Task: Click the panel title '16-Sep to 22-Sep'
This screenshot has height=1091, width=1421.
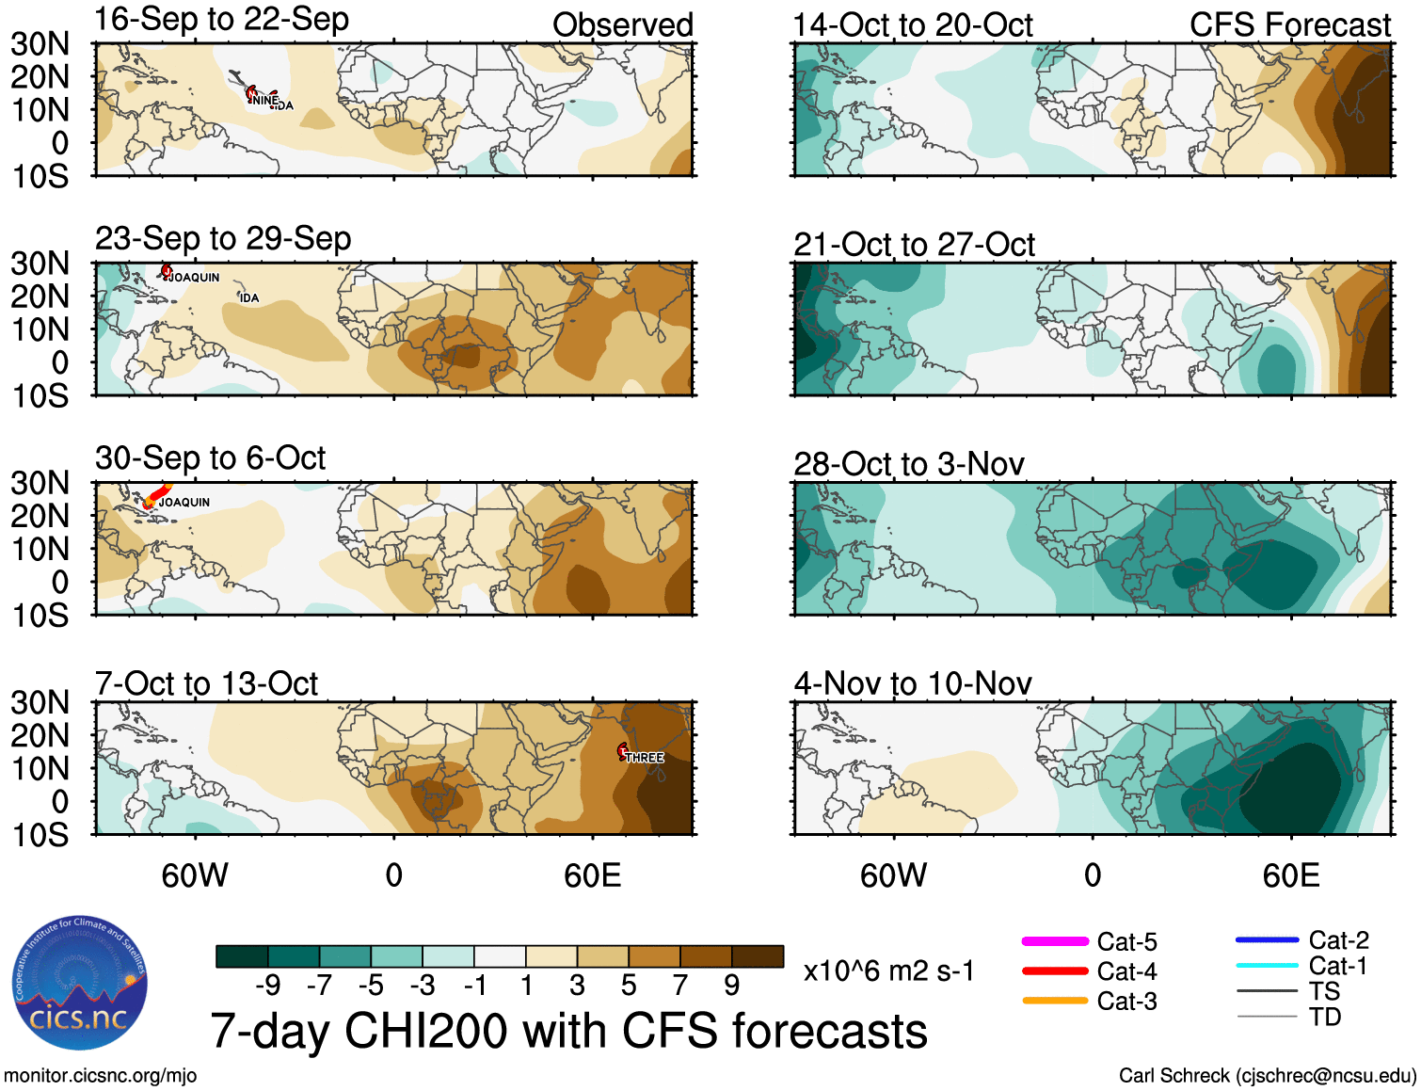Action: [222, 19]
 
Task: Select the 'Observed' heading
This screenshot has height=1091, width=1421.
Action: [623, 25]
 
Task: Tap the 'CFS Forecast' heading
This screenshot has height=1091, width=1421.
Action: [1290, 25]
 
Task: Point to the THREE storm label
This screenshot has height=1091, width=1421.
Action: [645, 758]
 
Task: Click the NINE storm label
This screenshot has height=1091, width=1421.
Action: [264, 100]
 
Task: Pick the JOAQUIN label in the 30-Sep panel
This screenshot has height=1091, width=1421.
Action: [184, 503]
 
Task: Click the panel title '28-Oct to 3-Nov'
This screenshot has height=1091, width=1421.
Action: [909, 464]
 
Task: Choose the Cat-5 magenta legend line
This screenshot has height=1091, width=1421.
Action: [1055, 941]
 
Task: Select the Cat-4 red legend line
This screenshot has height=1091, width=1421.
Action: [1055, 971]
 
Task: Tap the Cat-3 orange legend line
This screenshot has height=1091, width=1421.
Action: [1055, 1001]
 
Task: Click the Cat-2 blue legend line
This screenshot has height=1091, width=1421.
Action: [1267, 939]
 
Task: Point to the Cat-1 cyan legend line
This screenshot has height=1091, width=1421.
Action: [1267, 965]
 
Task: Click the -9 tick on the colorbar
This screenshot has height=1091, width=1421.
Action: [268, 985]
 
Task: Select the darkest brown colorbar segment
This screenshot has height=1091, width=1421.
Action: [758, 956]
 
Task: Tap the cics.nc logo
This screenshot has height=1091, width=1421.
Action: [80, 985]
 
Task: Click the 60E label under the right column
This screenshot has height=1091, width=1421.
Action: [1290, 876]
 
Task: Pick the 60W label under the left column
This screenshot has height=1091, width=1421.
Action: [195, 876]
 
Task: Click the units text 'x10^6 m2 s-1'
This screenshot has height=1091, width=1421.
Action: [889, 971]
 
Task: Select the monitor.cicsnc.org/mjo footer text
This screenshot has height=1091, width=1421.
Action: [101, 1075]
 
